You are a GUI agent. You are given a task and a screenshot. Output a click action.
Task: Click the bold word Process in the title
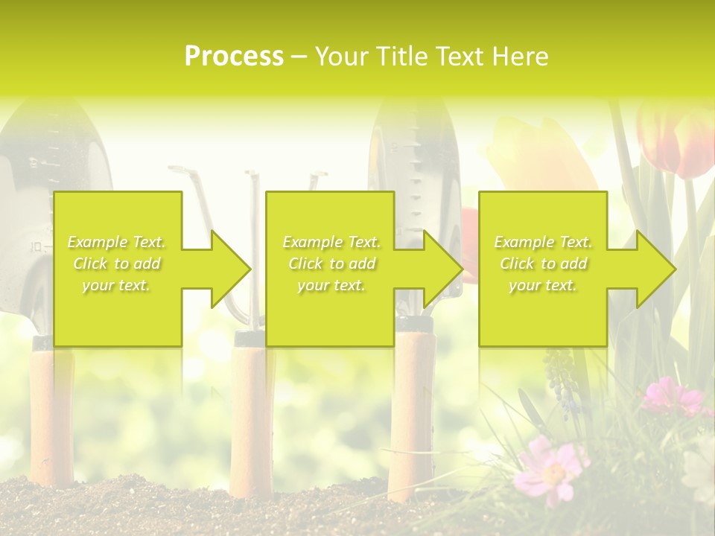[233, 57]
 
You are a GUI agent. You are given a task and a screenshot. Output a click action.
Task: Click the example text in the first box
[116, 264]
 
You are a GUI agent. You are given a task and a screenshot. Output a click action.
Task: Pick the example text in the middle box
[331, 264]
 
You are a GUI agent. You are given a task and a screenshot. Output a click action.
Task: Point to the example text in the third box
[542, 264]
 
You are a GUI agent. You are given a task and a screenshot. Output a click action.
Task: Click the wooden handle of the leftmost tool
[52, 417]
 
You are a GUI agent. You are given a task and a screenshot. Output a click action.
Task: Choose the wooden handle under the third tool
[412, 417]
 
